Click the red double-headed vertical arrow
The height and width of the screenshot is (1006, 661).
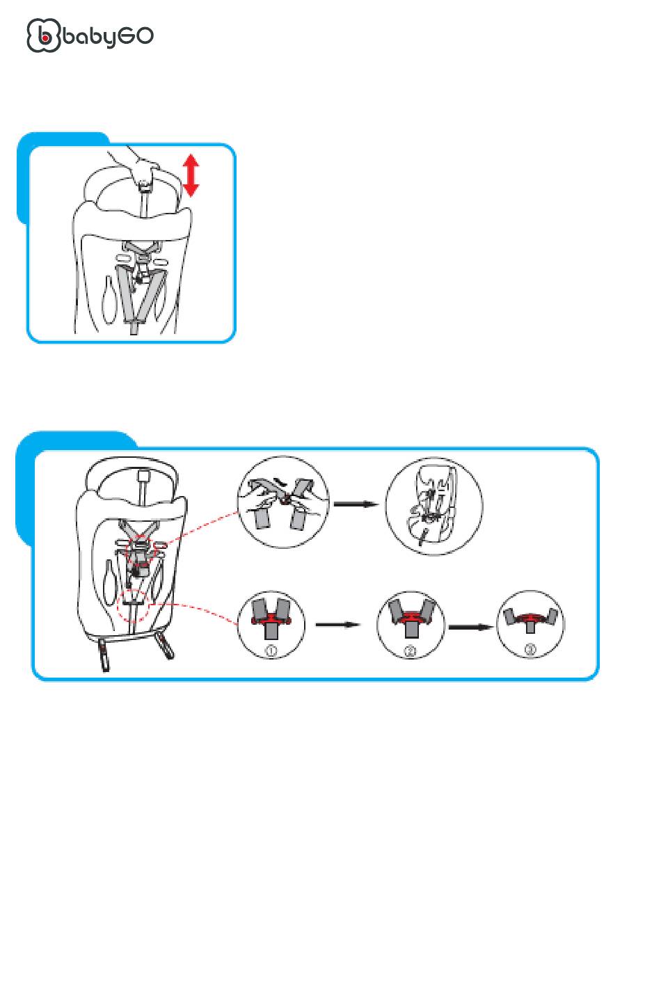191,175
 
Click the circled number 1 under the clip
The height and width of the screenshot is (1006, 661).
271,650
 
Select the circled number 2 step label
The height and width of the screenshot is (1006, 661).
411,650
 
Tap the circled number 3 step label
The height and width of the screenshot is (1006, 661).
530,649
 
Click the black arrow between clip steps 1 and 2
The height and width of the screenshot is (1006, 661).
338,625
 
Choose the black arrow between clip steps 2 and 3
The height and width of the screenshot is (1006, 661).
470,627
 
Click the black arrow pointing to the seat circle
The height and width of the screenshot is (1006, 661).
356,504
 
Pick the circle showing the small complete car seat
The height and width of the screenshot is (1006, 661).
433,506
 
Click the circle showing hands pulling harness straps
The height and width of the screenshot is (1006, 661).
283,502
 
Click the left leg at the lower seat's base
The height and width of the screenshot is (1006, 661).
103,655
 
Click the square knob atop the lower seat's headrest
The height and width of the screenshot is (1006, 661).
143,475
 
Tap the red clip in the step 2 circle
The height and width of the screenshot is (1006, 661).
411,617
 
